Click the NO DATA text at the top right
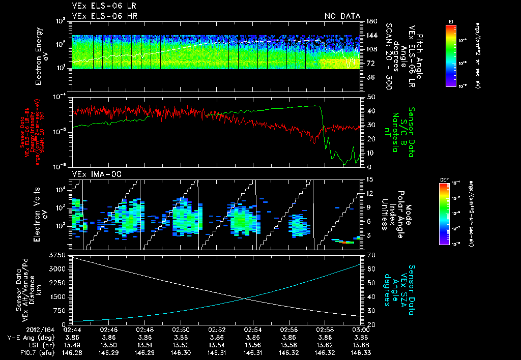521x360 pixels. click(x=342, y=16)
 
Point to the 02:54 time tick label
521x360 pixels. click(x=253, y=329)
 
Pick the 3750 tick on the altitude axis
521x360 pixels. click(x=57, y=254)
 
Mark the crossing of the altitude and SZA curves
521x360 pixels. click(x=245, y=298)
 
